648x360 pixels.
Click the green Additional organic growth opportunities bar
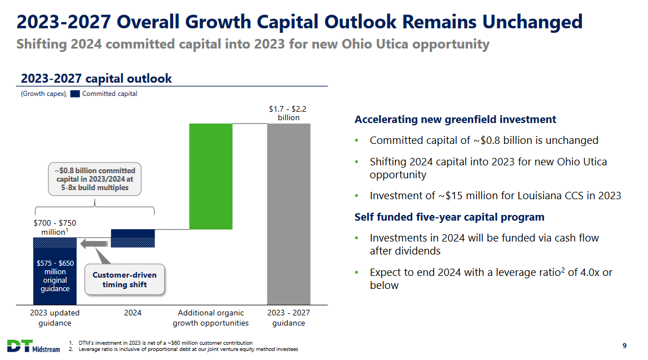[211, 176]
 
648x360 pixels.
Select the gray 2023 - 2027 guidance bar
[288, 214]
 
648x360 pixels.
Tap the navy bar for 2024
[133, 238]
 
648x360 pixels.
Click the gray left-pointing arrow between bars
[94, 244]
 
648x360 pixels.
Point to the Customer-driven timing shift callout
[125, 280]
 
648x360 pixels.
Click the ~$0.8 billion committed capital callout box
[95, 179]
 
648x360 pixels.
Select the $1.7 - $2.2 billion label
[288, 113]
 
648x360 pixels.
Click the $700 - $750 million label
[54, 227]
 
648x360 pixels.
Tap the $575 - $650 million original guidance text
[55, 276]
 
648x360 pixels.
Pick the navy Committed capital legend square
[75, 94]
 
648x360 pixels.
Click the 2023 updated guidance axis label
[55, 318]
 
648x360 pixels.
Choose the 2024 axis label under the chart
[133, 313]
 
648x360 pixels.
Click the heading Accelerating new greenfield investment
[455, 120]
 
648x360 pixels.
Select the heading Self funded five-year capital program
[449, 217]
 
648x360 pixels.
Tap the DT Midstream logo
[33, 346]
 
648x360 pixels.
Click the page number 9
[624, 346]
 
